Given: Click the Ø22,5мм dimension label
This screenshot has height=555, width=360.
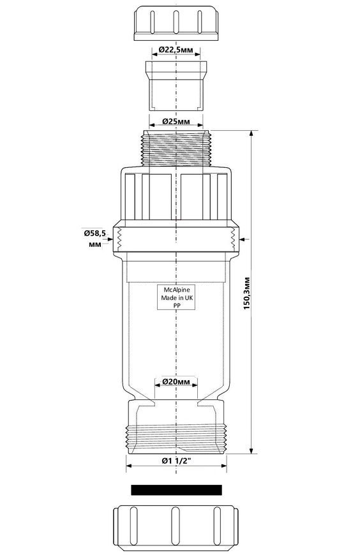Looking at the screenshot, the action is (176, 50).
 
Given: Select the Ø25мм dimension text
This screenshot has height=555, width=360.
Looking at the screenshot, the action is (176, 121).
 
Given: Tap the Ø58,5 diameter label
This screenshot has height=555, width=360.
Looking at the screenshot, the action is (94, 233).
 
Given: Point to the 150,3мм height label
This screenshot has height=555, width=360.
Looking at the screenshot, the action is (247, 293).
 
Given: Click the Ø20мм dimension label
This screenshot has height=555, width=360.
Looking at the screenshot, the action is (176, 382).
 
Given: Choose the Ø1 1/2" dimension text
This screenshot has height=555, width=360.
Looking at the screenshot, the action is (176, 461).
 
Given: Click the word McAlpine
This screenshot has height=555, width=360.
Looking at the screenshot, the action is (177, 290).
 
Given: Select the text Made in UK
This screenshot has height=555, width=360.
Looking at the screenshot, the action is (177, 298).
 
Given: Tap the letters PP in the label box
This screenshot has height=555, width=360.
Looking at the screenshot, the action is (176, 306).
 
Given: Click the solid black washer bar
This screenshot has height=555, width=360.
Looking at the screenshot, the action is (176, 490).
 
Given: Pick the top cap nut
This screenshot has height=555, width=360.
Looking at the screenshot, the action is (176, 23).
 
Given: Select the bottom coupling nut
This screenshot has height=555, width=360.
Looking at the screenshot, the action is (176, 528).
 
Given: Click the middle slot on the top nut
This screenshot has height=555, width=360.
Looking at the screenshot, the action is (176, 22).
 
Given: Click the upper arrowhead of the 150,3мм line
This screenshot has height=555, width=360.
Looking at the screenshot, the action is (251, 134).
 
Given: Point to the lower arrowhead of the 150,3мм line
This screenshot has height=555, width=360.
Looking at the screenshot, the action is (251, 450).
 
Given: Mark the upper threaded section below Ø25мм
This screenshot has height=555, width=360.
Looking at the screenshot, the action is (176, 148).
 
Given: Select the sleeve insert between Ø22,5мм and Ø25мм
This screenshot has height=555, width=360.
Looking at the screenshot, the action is (176, 85).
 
